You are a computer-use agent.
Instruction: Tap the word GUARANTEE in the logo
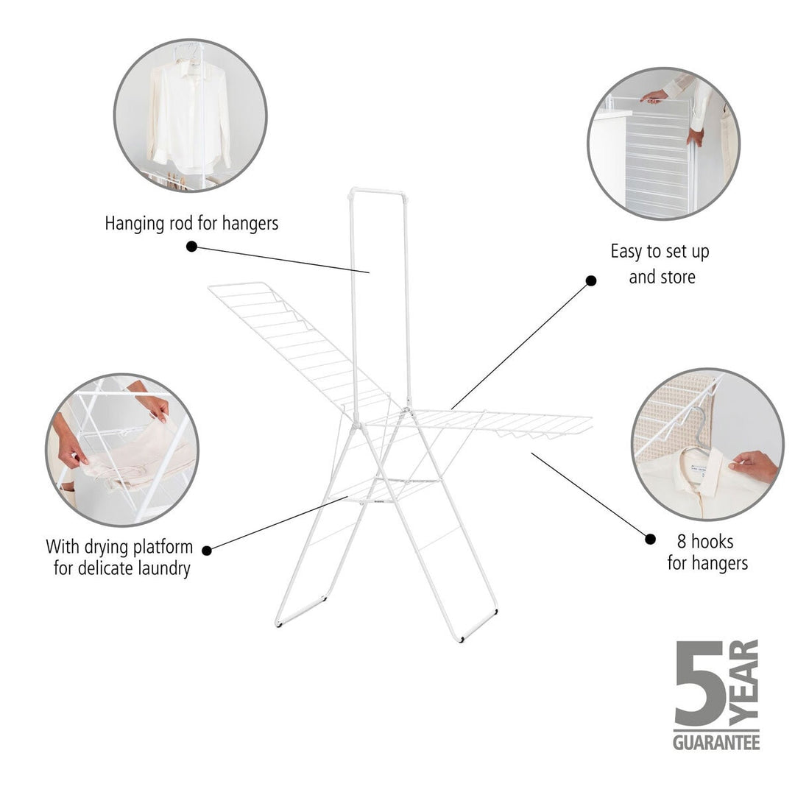point(715,741)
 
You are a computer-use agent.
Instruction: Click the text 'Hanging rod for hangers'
point(191,223)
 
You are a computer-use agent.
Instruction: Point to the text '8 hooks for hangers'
point(707,552)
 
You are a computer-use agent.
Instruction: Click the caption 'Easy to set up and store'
point(660,264)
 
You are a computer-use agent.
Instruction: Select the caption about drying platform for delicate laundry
point(120,557)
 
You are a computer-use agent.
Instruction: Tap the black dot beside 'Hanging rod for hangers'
point(191,247)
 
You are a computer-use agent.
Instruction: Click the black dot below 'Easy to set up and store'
point(591,281)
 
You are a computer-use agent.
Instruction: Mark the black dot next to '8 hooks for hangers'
point(650,539)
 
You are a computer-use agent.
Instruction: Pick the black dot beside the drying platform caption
point(207,550)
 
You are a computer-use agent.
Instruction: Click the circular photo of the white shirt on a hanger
point(190,115)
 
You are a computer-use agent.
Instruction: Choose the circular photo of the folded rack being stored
point(663,143)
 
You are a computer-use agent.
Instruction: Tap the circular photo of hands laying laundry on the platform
point(121,449)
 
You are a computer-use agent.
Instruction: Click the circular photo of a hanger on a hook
point(707,444)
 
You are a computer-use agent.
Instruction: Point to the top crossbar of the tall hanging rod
point(378,193)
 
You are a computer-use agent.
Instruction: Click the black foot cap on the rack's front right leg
point(461,638)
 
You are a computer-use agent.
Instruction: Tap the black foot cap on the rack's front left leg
point(279,623)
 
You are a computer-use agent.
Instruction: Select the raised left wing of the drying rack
point(294,339)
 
